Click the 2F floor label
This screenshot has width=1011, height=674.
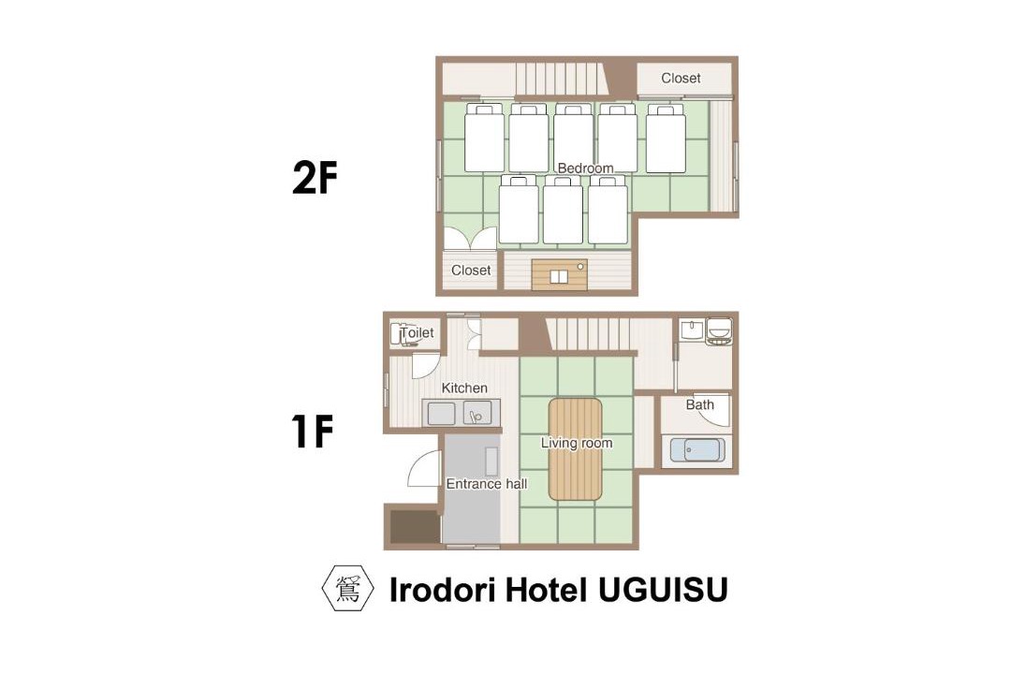point(315,177)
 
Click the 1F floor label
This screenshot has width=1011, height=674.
point(312,432)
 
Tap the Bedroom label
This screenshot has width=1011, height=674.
point(585,168)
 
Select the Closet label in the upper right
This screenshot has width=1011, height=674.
point(681,78)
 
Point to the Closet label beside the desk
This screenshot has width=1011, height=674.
point(471,271)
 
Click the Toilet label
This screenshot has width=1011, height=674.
point(418,333)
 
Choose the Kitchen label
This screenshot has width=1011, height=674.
point(464,388)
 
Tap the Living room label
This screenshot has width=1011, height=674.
point(577,443)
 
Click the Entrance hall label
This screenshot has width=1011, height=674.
point(487,484)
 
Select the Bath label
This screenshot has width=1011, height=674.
point(699,405)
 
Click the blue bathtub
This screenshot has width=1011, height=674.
point(697,449)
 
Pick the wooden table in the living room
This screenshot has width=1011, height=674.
point(575,449)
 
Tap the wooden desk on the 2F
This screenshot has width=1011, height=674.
point(560,275)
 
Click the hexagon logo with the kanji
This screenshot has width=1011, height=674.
point(348,588)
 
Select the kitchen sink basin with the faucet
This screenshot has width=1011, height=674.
point(477,414)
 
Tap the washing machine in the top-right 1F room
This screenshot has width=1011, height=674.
point(719,331)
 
